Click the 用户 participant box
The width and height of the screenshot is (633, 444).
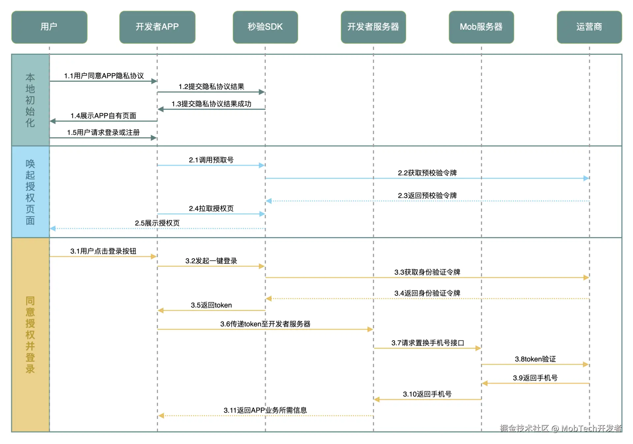[49, 27]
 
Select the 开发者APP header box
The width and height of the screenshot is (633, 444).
[157, 27]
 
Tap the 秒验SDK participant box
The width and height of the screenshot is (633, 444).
[265, 27]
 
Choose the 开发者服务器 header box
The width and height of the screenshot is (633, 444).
[373, 27]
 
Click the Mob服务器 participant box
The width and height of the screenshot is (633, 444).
[481, 27]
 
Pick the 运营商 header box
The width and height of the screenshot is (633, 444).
[589, 27]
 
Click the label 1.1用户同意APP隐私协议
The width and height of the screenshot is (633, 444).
[104, 76]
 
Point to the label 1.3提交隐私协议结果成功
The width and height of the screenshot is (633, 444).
[211, 104]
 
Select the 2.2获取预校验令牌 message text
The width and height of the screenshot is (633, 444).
[427, 173]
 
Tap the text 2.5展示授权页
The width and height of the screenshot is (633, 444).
[157, 223]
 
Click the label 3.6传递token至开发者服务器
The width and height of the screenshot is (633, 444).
[265, 324]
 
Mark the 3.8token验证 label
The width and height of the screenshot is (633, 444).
[535, 359]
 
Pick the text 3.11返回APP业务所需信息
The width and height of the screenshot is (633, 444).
[265, 410]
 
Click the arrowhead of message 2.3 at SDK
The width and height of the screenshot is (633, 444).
[269, 201]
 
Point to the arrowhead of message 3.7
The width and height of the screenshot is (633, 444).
[478, 348]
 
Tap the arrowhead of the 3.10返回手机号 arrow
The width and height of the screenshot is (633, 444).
[377, 400]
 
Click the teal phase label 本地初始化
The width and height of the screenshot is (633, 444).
[30, 100]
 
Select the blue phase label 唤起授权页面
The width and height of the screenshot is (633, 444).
[30, 192]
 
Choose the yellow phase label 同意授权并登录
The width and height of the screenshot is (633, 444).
[30, 335]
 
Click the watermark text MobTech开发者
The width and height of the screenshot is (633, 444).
[591, 428]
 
